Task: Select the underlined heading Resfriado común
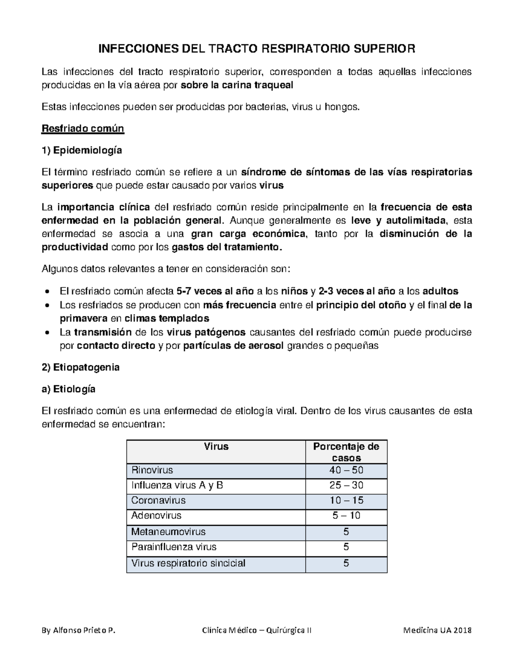pos(83,128)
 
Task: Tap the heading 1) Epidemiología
pos(81,150)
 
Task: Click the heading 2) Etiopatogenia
pos(81,367)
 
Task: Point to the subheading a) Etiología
pos(69,389)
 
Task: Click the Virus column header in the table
pos(216,447)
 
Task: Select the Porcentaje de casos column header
pos(346,452)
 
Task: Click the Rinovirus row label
pos(152,470)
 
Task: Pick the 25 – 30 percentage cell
pos(346,486)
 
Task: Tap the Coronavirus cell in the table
pos(158,501)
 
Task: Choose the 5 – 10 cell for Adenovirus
pos(346,516)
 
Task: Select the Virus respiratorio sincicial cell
pos(188,563)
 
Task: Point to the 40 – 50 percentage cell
pos(346,470)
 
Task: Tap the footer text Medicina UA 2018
pos(437,631)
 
